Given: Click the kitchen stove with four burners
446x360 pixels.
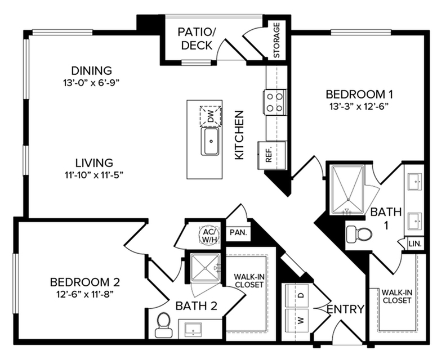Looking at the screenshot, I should pyautogui.click(x=274, y=102).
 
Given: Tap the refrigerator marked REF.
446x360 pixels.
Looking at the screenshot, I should pyautogui.click(x=267, y=154).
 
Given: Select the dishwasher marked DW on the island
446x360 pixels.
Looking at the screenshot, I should pyautogui.click(x=210, y=116).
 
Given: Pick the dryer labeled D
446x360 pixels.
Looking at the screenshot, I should pyautogui.click(x=299, y=294).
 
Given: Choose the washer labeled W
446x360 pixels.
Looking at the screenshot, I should pyautogui.click(x=299, y=321).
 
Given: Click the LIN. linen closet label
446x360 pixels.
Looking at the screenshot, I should pyautogui.click(x=417, y=243).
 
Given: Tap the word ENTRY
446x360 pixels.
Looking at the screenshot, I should pyautogui.click(x=346, y=309).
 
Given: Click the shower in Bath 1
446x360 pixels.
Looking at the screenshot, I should pyautogui.click(x=347, y=189).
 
